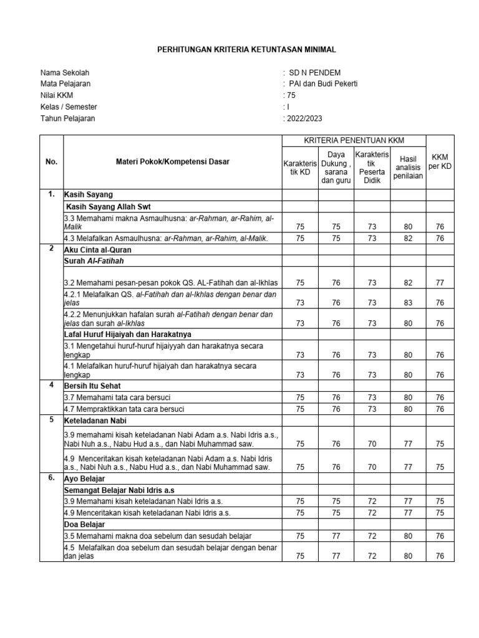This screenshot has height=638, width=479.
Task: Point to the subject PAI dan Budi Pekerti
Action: click(x=322, y=84)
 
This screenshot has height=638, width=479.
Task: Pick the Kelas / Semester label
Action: click(x=69, y=107)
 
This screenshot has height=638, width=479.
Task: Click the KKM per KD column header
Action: click(x=440, y=163)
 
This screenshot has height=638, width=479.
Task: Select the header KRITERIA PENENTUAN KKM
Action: click(x=354, y=141)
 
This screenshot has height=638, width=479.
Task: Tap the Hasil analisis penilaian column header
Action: click(x=409, y=168)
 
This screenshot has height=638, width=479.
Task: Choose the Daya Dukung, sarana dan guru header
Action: click(x=336, y=168)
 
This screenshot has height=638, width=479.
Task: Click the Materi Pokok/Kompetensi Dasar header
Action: click(x=173, y=162)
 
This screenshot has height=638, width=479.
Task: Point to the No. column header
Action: click(x=52, y=162)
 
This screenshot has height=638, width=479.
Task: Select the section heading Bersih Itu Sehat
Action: click(x=93, y=386)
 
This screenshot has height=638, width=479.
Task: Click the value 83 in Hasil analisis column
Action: click(x=409, y=303)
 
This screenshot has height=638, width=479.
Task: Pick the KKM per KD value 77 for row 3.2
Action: click(x=440, y=283)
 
